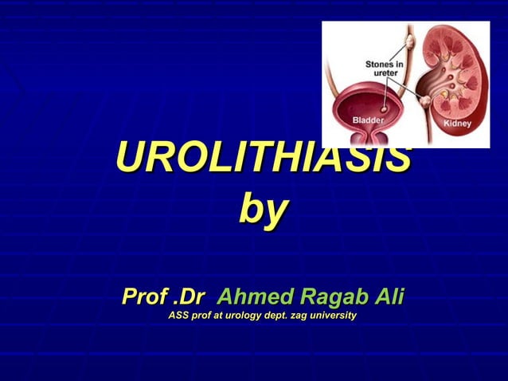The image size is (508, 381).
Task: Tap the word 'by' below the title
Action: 263,211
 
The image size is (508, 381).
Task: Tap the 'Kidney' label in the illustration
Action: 457,124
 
